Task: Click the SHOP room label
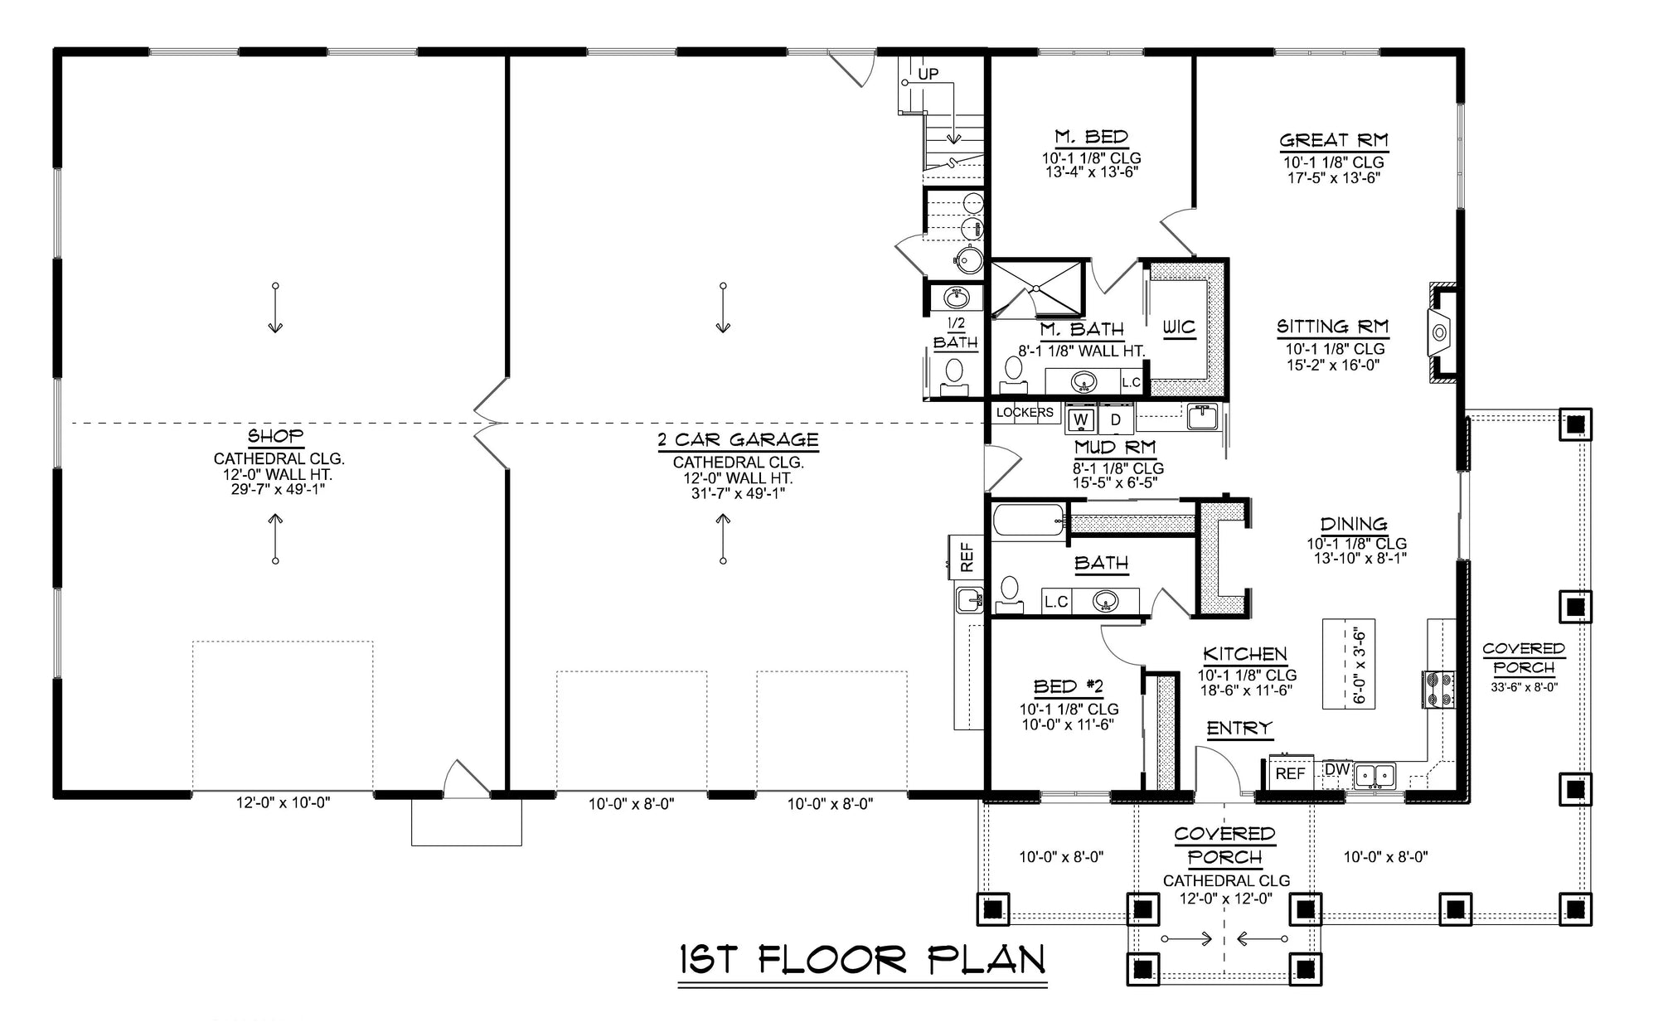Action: click(x=275, y=436)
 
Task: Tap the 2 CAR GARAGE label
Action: click(x=738, y=440)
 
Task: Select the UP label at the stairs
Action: click(x=928, y=75)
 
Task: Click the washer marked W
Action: click(x=1079, y=420)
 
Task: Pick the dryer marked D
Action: click(x=1116, y=420)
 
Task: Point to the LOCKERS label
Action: click(x=1025, y=412)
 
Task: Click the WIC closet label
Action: click(x=1179, y=327)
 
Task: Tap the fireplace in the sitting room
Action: click(x=1441, y=333)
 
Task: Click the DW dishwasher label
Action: click(x=1336, y=769)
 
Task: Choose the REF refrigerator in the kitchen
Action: click(x=1290, y=773)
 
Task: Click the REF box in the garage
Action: click(x=967, y=556)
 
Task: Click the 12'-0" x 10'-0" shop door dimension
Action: click(x=283, y=802)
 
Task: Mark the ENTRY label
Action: click(x=1239, y=729)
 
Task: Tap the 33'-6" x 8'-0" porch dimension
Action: click(x=1524, y=686)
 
